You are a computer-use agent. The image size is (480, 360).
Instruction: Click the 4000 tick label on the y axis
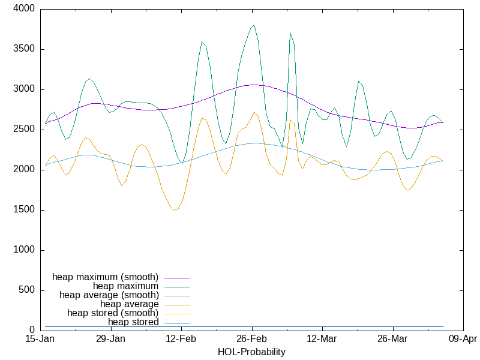[x=25, y=9]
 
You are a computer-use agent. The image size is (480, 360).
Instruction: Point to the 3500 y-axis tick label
[x=25, y=49]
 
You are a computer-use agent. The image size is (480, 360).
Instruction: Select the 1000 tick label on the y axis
[x=25, y=250]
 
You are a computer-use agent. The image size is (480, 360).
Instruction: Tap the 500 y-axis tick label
[x=27, y=290]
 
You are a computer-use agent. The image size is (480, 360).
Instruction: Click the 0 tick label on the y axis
[x=32, y=331]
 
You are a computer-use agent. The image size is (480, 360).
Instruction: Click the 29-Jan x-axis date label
[x=110, y=340]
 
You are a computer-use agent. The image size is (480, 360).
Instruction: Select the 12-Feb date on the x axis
[x=181, y=340]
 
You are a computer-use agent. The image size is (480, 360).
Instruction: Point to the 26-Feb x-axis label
[x=251, y=340]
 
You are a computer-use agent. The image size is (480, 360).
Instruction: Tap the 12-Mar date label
[x=322, y=340]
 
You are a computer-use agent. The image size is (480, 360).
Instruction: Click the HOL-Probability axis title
[x=251, y=352]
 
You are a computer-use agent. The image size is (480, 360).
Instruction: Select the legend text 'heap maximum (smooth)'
[x=105, y=277]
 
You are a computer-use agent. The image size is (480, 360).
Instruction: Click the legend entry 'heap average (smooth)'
[x=109, y=295]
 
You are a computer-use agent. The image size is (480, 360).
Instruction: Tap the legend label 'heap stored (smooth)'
[x=113, y=313]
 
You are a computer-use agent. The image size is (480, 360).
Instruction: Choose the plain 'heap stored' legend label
[x=133, y=322]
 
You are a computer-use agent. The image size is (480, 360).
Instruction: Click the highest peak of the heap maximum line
[x=254, y=25]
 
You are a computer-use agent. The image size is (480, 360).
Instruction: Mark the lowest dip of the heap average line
[x=174, y=210]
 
